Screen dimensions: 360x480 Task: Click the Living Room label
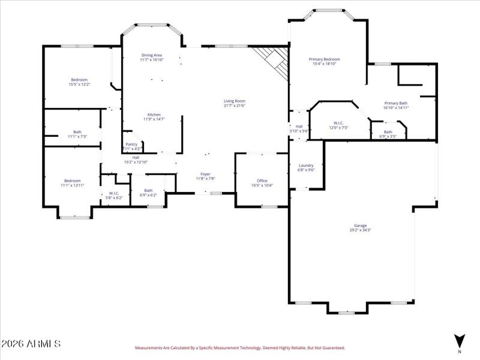click(x=235, y=101)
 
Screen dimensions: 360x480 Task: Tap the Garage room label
click(x=360, y=226)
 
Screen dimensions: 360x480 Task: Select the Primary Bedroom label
click(x=325, y=59)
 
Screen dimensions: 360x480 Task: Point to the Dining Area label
click(x=151, y=55)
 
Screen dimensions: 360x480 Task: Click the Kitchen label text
click(x=154, y=115)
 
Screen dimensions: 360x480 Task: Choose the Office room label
click(x=262, y=181)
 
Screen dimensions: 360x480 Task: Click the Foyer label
click(x=205, y=174)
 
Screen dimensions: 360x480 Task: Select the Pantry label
click(x=131, y=144)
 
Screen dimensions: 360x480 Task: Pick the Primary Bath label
click(x=396, y=103)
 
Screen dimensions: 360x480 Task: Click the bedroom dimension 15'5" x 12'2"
click(x=79, y=85)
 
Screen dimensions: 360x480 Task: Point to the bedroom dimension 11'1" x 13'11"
click(x=73, y=185)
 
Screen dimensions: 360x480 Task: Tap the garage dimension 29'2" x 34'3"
click(x=361, y=230)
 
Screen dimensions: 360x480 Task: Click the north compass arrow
click(x=460, y=340)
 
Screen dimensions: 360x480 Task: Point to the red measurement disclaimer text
click(x=239, y=347)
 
